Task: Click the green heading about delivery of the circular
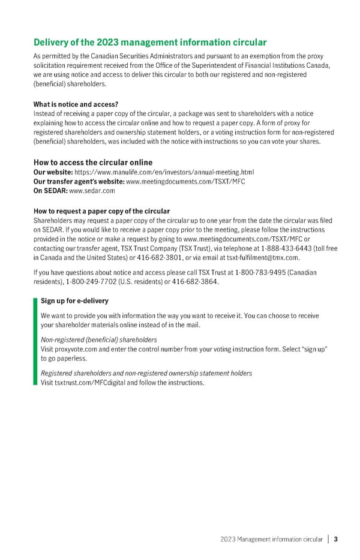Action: pos(150,42)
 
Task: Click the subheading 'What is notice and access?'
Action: pos(76,104)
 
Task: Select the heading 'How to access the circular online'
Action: pos(93,162)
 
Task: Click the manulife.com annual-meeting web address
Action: pos(160,172)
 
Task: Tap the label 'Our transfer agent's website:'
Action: pos(79,181)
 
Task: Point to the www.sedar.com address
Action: pos(92,191)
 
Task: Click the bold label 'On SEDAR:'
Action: pos(51,191)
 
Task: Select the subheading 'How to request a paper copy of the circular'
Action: pos(102,211)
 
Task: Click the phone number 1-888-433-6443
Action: pos(286,248)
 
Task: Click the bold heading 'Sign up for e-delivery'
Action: pos(74,300)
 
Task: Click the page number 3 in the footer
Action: pos(336,538)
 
